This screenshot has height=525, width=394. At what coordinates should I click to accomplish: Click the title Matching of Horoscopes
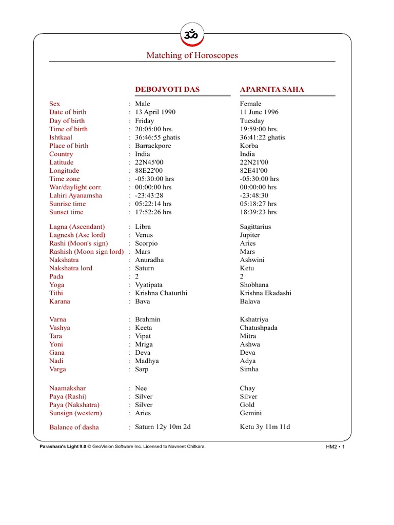point(192,55)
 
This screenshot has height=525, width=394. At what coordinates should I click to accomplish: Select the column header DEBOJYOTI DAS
point(167,90)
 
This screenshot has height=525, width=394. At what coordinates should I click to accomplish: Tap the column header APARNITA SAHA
point(272,90)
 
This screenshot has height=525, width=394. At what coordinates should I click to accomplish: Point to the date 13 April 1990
point(154,112)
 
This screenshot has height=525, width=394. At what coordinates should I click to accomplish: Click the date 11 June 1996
point(260,112)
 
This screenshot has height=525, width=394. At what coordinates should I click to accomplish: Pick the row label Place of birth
point(69,146)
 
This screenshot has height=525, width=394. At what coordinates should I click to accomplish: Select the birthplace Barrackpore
point(153,146)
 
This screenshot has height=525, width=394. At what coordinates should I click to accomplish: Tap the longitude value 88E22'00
point(149,171)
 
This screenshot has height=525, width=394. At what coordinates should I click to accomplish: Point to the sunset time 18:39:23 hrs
point(258,212)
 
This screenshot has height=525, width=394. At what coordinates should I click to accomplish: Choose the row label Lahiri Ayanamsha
point(75,195)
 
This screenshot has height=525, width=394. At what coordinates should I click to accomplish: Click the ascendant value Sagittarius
point(255,227)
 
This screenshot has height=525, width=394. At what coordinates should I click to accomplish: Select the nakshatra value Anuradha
point(150,260)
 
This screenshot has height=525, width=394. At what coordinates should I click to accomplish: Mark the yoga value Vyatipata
point(149,285)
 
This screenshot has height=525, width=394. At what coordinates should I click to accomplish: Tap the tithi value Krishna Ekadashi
point(266,293)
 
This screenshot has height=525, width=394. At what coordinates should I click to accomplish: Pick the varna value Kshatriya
point(254,319)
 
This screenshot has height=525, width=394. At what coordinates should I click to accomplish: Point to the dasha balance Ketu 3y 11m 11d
point(265,427)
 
